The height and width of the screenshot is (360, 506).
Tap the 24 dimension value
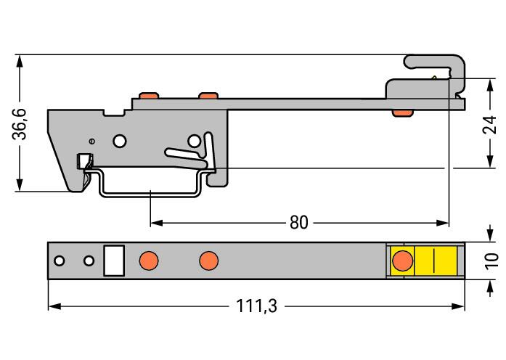pyautogui.click(x=489, y=125)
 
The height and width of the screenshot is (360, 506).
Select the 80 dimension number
pyautogui.click(x=299, y=223)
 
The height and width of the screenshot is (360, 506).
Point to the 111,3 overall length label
pyautogui.click(x=256, y=306)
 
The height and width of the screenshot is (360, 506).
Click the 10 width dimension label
pyautogui.click(x=491, y=261)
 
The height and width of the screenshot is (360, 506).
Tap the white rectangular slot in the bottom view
pyautogui.click(x=114, y=261)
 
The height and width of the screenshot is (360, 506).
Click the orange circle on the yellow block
pyautogui.click(x=402, y=261)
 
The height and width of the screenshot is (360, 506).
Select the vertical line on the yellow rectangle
pyautogui.click(x=434, y=261)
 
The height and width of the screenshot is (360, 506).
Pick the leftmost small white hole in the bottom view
pyautogui.click(x=60, y=261)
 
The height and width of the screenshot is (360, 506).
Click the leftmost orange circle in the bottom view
pyautogui.click(x=149, y=261)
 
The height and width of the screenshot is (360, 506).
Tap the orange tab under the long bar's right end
pyautogui.click(x=402, y=112)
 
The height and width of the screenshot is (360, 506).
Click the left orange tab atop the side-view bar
pyautogui.click(x=149, y=96)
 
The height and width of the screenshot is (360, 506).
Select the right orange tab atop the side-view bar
pyautogui.click(x=208, y=96)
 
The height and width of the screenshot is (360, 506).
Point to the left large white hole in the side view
pyautogui.click(x=120, y=141)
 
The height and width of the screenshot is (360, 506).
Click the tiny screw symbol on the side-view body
pyautogui.click(x=92, y=141)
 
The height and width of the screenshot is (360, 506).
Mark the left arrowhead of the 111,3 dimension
pyautogui.click(x=54, y=306)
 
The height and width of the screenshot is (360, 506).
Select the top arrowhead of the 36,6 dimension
pyautogui.click(x=20, y=61)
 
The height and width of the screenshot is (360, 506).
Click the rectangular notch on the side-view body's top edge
pyautogui.click(x=113, y=112)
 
